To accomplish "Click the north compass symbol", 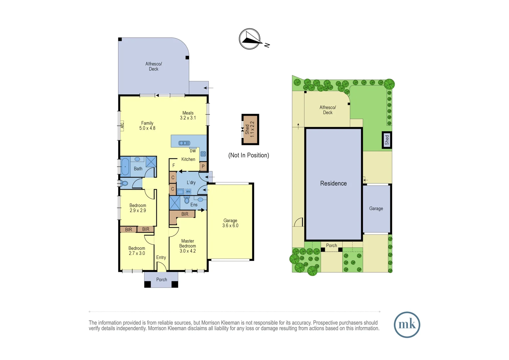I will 250,39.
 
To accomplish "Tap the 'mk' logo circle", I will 407,325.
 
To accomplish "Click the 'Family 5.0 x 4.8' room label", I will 147,126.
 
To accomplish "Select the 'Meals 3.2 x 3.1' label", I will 188,115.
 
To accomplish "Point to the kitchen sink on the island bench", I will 184,143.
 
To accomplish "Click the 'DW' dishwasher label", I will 193,151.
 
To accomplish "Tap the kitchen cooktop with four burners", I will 203,154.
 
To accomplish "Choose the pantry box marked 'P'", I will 203,166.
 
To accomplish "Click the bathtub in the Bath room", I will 125,167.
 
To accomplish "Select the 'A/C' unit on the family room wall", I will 122,125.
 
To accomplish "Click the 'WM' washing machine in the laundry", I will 188,192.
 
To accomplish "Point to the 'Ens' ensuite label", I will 194,205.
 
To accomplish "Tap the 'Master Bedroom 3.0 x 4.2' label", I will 188,246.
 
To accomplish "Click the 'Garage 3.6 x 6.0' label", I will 230,223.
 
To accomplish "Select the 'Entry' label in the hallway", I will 161,257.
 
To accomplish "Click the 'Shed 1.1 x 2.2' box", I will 250,129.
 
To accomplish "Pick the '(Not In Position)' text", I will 249,155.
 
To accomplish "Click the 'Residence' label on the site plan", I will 333,183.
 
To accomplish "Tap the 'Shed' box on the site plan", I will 387,140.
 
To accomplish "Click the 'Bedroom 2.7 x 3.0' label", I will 137,251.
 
